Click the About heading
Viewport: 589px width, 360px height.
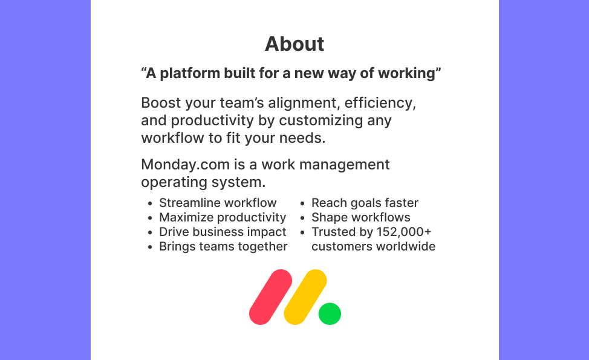click(294, 44)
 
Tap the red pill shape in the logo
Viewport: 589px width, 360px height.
click(270, 297)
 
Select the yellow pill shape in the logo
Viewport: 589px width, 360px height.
click(305, 297)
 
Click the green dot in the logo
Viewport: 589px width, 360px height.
click(330, 313)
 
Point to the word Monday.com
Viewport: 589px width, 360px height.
click(185, 165)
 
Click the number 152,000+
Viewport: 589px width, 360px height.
click(404, 232)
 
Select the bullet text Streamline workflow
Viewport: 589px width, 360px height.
click(218, 203)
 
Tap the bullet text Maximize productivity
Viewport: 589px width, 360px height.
click(223, 218)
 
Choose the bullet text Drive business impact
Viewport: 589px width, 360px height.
click(223, 232)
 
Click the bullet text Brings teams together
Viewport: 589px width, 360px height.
click(223, 246)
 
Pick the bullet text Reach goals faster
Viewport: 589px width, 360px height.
click(365, 203)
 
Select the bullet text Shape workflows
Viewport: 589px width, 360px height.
click(360, 218)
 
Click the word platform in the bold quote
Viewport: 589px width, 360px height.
click(190, 73)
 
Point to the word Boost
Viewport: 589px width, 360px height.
click(161, 103)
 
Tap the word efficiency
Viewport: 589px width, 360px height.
click(380, 103)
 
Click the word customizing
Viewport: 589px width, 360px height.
click(321, 121)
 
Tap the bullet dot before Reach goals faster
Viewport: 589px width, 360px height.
click(302, 204)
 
